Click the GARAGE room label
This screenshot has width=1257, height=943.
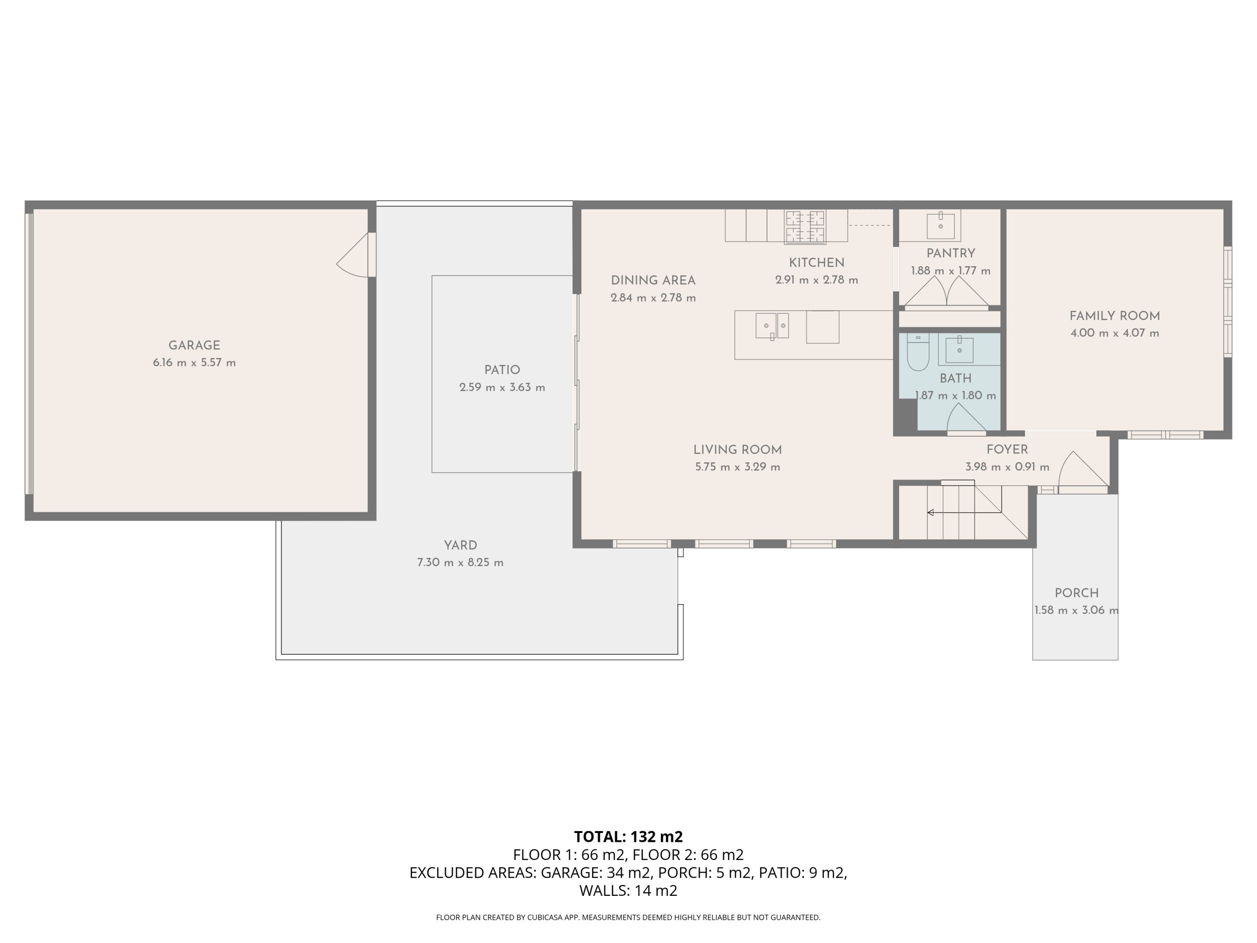(194, 346)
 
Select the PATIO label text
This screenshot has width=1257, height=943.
(502, 370)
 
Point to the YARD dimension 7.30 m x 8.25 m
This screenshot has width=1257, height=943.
(460, 563)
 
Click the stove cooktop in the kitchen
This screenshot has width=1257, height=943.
(805, 227)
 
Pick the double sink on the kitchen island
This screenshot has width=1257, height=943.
(772, 326)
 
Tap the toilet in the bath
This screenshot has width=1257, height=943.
(918, 352)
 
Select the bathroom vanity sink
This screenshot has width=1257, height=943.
(959, 350)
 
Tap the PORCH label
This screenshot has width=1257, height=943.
(1076, 593)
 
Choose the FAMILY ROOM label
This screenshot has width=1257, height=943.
(1115, 316)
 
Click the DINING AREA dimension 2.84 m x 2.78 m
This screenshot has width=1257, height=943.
(653, 298)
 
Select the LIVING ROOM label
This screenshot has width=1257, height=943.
(738, 449)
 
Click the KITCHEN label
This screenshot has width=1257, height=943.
(817, 263)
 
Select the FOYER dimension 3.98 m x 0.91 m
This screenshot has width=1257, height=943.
(1007, 467)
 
